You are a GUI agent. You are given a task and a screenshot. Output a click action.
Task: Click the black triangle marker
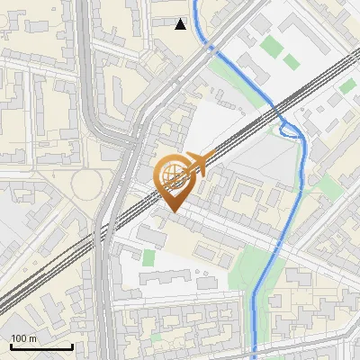pyautogui.click(x=181, y=24)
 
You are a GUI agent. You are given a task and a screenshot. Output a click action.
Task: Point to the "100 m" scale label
pyautogui.click(x=23, y=339)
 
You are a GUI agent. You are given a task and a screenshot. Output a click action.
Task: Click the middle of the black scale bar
pyautogui.click(x=41, y=346)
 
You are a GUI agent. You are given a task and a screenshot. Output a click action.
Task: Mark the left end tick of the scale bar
pyautogui.click(x=11, y=346)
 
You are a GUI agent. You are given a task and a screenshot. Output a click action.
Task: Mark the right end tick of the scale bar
pyautogui.click(x=72, y=346)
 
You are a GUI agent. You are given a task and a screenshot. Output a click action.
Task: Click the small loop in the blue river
pyautogui.click(x=290, y=130)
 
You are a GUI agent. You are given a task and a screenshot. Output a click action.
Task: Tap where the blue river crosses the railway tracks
pyautogui.click(x=278, y=113)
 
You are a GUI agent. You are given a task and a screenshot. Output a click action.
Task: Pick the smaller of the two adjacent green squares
pyautogui.click(x=291, y=61)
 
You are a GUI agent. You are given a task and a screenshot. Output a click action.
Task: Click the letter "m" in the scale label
pyautogui.click(x=32, y=339)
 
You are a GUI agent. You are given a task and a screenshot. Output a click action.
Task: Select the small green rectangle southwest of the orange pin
pyautogui.click(x=148, y=259)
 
